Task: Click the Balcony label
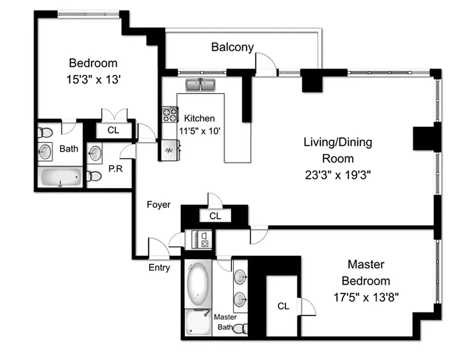(233, 47)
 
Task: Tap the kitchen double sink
(200, 85)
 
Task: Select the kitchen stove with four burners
(170, 114)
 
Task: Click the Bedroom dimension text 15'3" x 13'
(93, 80)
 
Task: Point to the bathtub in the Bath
(61, 178)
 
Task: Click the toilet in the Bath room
(45, 132)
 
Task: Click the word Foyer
(159, 205)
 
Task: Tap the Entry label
(159, 268)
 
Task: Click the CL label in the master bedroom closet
(283, 306)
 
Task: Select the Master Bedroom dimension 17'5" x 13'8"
(366, 297)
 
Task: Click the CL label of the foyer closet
(215, 216)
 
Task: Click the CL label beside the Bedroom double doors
(113, 130)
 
